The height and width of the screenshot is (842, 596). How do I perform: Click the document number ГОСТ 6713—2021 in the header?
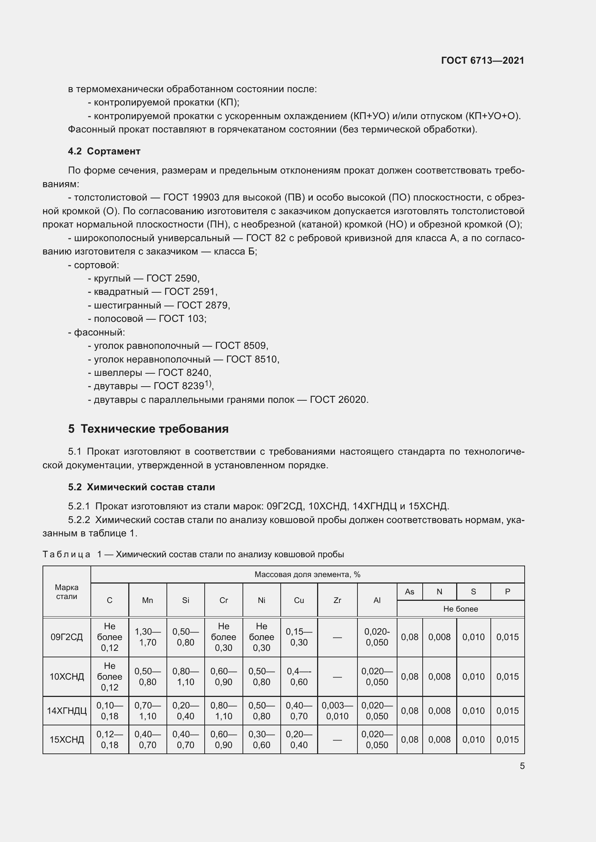[482, 60]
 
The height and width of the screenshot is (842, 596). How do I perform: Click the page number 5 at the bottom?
[522, 766]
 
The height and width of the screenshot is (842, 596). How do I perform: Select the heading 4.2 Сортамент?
[104, 151]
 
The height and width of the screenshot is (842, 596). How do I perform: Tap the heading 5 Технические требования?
[148, 428]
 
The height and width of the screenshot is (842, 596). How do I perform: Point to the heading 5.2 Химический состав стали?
[141, 487]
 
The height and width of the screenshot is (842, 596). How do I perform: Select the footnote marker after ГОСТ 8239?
[208, 383]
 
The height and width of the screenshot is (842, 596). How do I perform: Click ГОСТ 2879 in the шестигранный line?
[203, 305]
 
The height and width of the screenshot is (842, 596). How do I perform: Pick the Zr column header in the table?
[337, 600]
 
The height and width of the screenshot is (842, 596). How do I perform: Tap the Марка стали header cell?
[66, 591]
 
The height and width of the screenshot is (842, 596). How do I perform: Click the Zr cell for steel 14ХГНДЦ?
[337, 710]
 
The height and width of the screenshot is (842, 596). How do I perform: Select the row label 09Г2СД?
[66, 637]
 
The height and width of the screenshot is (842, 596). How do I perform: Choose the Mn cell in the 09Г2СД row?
[147, 637]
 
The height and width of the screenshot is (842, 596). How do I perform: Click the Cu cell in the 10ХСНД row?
[299, 676]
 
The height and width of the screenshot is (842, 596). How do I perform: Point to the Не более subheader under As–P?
[460, 609]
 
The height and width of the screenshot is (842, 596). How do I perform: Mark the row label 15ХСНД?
[66, 739]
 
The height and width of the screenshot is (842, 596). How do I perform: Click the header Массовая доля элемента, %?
[307, 574]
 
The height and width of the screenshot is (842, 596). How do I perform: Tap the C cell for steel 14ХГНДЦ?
[110, 710]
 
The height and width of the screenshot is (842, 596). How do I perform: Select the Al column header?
[377, 600]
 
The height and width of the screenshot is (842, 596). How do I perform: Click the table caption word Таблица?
[66, 554]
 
